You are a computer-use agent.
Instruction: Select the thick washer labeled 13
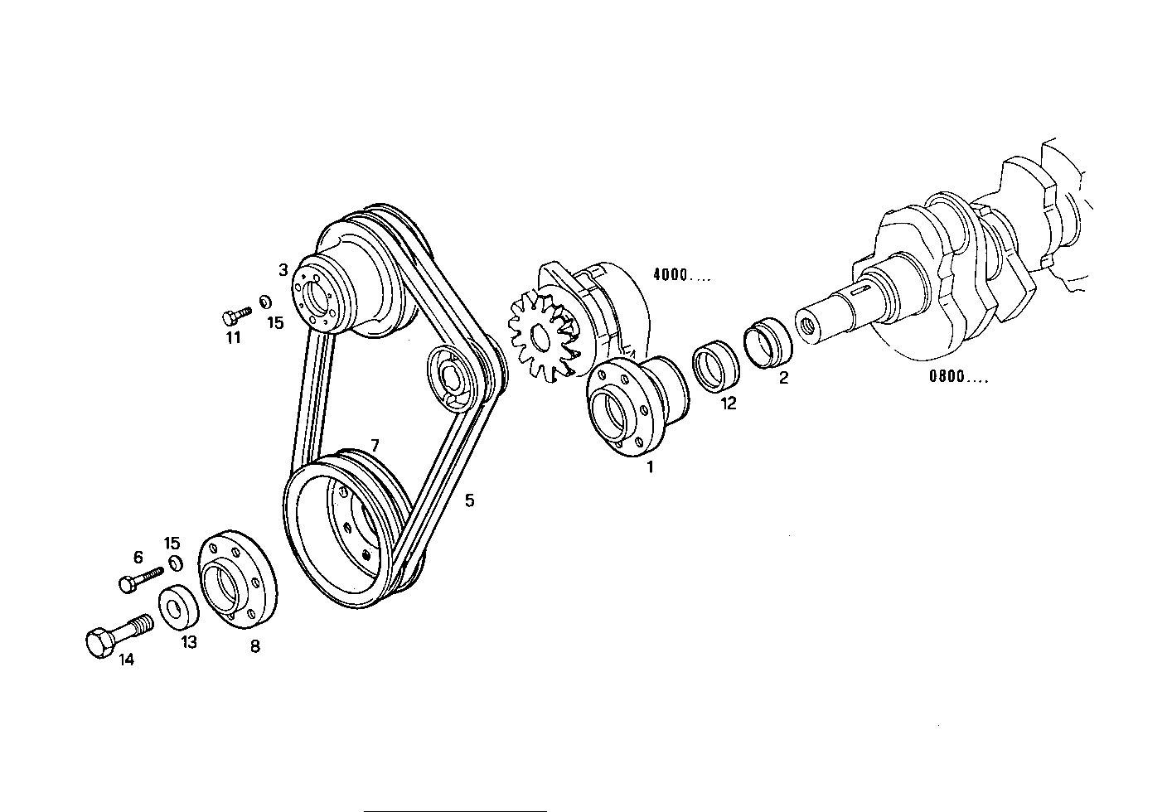(177, 607)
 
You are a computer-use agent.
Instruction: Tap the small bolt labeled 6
(141, 578)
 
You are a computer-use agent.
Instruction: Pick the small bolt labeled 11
(235, 314)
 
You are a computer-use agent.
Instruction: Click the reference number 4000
(681, 276)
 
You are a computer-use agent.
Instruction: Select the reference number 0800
(958, 377)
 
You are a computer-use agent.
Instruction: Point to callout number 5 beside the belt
(469, 500)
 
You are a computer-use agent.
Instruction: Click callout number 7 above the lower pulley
(375, 445)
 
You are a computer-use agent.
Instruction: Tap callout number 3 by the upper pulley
(283, 270)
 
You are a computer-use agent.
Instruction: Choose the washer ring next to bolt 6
(175, 563)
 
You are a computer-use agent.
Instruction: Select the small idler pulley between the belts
(453, 378)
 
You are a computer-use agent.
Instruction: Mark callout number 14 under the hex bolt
(126, 660)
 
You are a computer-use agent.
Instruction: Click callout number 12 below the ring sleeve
(728, 404)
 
